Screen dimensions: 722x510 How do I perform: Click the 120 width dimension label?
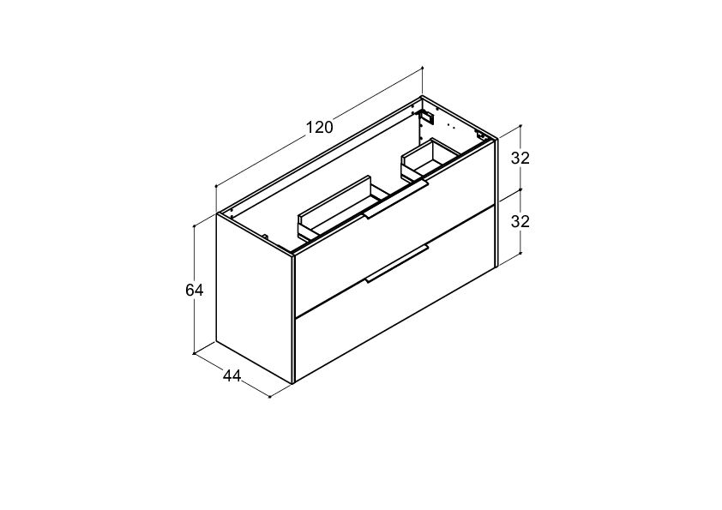coord(320,127)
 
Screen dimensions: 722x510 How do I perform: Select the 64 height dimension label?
coord(195,290)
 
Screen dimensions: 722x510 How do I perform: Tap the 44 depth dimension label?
coord(232,376)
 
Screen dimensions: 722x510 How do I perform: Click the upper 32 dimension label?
coord(520,158)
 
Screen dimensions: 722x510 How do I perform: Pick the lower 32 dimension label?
coord(520,221)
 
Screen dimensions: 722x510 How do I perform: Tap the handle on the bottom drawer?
coord(397,264)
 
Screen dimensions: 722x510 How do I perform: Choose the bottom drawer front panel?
coord(395,295)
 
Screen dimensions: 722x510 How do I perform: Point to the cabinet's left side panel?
coord(255,299)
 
